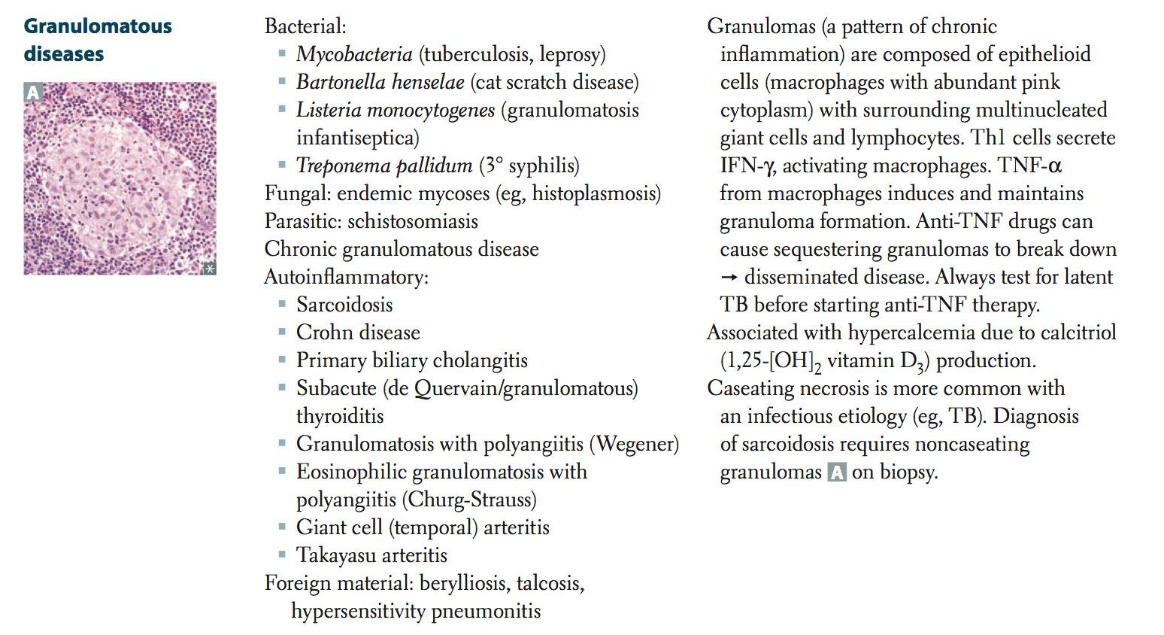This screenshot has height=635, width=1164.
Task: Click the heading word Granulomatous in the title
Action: click(x=98, y=26)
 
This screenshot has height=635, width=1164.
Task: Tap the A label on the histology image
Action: click(x=33, y=93)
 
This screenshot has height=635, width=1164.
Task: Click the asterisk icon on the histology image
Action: click(x=209, y=268)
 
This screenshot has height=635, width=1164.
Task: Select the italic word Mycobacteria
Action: click(x=354, y=54)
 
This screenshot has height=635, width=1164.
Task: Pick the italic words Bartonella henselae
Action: click(x=380, y=82)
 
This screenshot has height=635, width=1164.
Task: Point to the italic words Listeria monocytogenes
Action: click(x=396, y=110)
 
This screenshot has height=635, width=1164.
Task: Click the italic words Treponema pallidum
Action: click(x=383, y=166)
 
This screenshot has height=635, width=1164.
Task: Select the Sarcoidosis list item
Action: click(x=344, y=305)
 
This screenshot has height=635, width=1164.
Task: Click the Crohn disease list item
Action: click(x=358, y=333)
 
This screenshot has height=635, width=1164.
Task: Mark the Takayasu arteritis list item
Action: click(x=371, y=555)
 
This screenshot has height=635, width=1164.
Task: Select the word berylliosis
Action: click(x=463, y=583)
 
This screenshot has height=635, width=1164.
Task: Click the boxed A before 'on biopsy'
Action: click(x=836, y=472)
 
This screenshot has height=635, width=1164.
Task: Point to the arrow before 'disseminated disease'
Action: click(x=729, y=278)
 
